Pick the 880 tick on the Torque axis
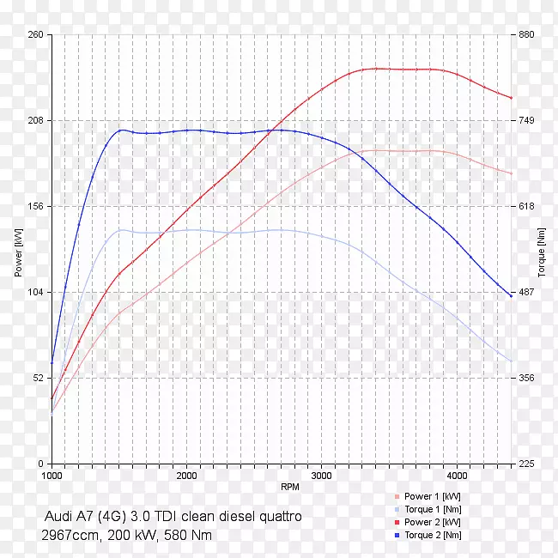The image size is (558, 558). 525,35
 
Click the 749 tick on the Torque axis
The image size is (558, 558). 525,121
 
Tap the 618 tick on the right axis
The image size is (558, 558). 525,207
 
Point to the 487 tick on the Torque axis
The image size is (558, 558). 525,293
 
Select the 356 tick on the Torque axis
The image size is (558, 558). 525,379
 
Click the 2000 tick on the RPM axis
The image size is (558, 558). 187,475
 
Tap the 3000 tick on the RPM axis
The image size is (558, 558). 322,475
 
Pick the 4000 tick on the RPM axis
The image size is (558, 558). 457,475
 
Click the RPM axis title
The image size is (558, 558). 289,487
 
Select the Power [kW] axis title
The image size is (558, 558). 18,250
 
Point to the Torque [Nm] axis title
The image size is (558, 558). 541,250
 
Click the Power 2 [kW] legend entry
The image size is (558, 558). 432,522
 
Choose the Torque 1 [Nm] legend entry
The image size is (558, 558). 433,509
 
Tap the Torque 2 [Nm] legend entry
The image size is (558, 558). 433,535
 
